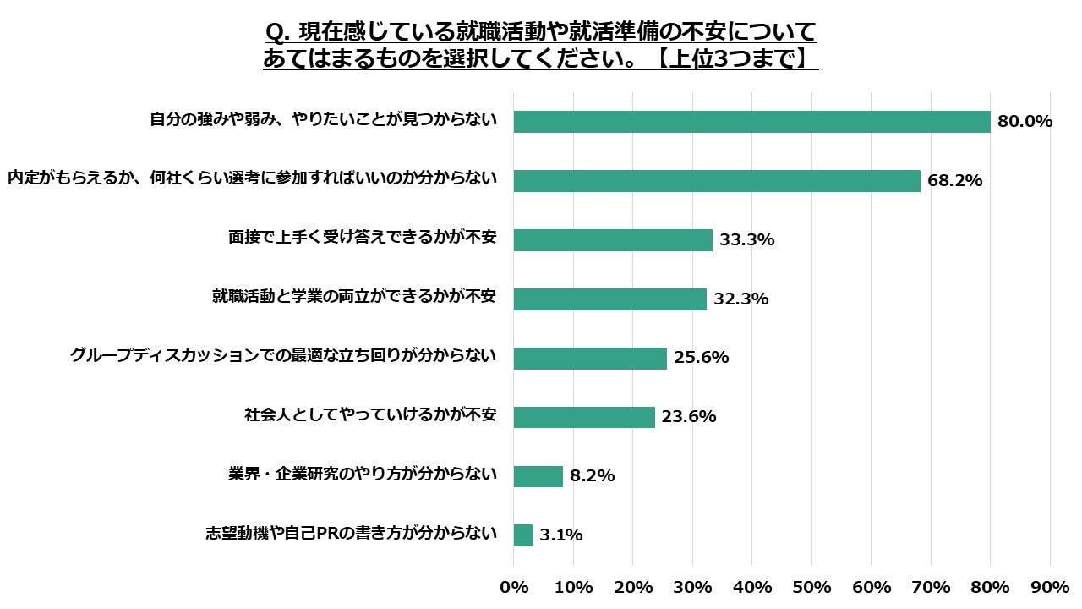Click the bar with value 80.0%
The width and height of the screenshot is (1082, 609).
751,122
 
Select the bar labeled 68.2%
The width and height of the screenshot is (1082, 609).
717,181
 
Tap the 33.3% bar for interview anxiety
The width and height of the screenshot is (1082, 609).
613,240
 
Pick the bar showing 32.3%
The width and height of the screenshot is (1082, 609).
609,299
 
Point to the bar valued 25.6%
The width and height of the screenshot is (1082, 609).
590,359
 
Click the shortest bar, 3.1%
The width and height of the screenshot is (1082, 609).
523,535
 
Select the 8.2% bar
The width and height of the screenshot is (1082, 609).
538,476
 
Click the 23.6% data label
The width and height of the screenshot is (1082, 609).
689,417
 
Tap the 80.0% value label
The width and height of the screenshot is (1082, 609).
1025,122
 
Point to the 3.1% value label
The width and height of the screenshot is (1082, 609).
561,535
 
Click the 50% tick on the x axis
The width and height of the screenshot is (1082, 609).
811,587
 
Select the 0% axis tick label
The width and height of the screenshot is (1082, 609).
514,587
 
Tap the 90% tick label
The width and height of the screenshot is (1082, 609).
1050,587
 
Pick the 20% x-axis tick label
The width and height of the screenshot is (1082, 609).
633,587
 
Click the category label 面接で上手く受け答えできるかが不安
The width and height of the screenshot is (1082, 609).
362,239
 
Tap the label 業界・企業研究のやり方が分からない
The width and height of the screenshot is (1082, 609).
362,475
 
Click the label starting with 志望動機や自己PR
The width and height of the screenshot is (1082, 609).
351,534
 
